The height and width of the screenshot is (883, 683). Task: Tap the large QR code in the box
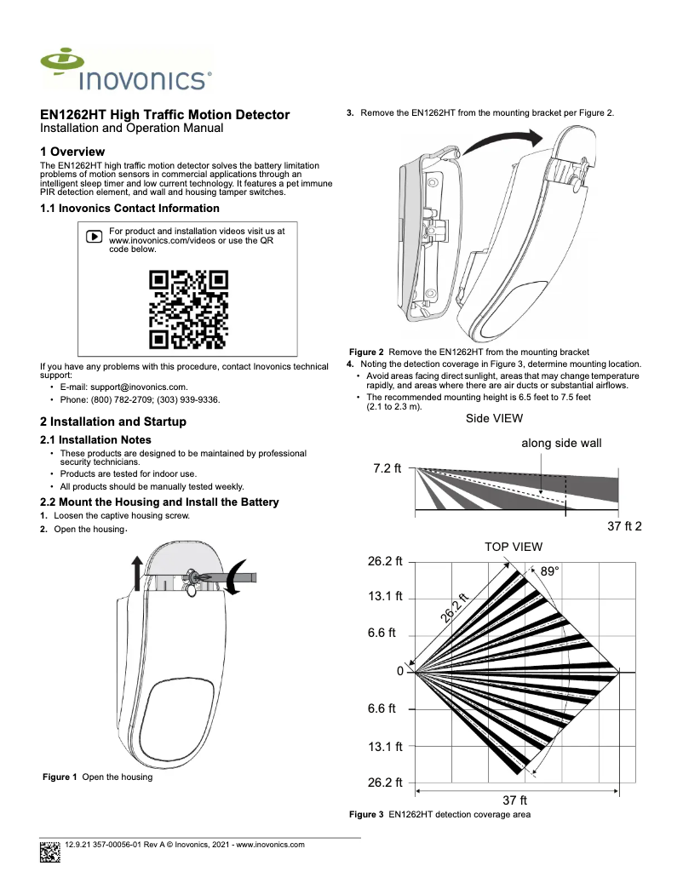coord(188,310)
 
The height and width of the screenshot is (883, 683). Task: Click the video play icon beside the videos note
coord(95,236)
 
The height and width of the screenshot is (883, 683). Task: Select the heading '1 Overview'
coord(72,152)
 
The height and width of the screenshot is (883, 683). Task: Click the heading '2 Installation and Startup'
coord(113,421)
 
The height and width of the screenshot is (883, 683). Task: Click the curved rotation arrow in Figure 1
coord(238,578)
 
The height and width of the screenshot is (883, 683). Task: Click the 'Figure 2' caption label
coord(367,352)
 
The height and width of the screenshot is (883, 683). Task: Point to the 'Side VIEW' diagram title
coord(494,418)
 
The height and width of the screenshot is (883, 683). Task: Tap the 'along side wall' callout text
coord(561,444)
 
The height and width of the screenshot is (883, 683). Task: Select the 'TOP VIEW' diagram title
coord(513,547)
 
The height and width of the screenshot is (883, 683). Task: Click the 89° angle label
coord(550,572)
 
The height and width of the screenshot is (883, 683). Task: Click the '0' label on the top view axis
coord(399,672)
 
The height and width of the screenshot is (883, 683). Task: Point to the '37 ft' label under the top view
coord(514,800)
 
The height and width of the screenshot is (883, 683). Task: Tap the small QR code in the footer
coord(50,851)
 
